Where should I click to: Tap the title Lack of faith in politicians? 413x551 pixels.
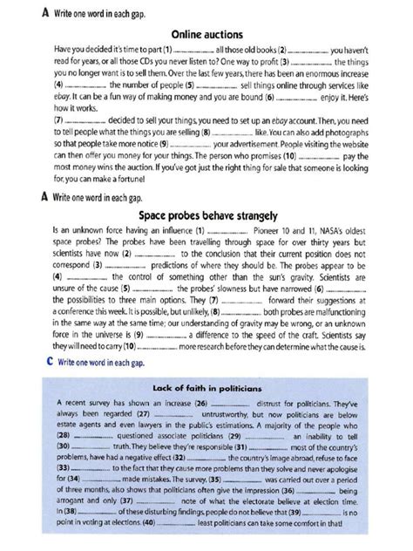(x=206, y=386)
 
